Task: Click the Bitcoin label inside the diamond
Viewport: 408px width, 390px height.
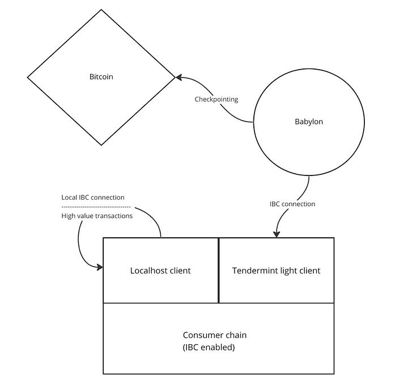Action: [x=101, y=76]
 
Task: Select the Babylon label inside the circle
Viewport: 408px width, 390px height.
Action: [x=309, y=122]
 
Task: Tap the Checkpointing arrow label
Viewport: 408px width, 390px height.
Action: [x=216, y=100]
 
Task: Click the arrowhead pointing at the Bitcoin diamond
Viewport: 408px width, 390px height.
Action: [x=178, y=78]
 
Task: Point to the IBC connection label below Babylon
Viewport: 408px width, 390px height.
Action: [x=292, y=204]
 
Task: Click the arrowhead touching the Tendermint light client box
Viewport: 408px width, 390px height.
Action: [x=277, y=234]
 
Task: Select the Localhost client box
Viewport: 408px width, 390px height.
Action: [x=160, y=271]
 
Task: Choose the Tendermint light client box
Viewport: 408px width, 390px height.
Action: [x=276, y=271]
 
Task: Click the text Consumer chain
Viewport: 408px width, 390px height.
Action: [x=215, y=335]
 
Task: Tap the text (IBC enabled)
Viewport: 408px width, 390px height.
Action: [x=209, y=348]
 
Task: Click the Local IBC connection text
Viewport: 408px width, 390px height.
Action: [x=93, y=198]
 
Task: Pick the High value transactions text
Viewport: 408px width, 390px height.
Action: [x=97, y=216]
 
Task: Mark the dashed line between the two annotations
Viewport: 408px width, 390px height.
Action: [x=96, y=207]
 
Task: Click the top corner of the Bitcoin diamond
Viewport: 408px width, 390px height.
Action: [x=101, y=10]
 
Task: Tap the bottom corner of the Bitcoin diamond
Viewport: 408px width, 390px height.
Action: [x=101, y=145]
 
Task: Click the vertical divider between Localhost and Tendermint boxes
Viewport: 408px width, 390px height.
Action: [x=219, y=271]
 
